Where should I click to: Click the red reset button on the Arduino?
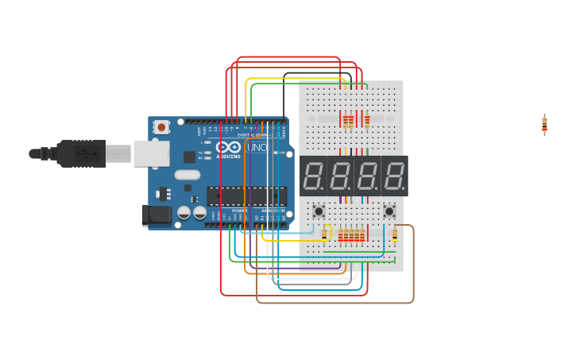pyautogui.click(x=162, y=127)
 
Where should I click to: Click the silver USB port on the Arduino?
pyautogui.click(x=151, y=153)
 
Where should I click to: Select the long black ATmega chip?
pyautogui.click(x=246, y=195)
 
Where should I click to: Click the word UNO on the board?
pyautogui.click(x=257, y=148)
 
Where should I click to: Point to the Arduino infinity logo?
pyautogui.click(x=228, y=148)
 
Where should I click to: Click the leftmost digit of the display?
pyautogui.click(x=314, y=176)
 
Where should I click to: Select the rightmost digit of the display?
pyautogui.click(x=393, y=176)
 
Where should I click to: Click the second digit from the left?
pyautogui.click(x=340, y=176)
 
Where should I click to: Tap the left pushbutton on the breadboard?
pyautogui.click(x=319, y=211)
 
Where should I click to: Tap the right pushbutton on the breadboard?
pyautogui.click(x=389, y=211)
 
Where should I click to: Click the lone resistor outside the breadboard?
pyautogui.click(x=544, y=125)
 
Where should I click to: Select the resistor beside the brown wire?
pyautogui.click(x=395, y=234)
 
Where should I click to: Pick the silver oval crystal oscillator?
pyautogui.click(x=188, y=174)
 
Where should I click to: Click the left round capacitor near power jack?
pyautogui.click(x=184, y=212)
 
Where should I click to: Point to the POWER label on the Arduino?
pyautogui.click(x=239, y=211)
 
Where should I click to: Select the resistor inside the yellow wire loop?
pyautogui.click(x=325, y=233)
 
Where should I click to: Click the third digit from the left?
pyautogui.click(x=367, y=176)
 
